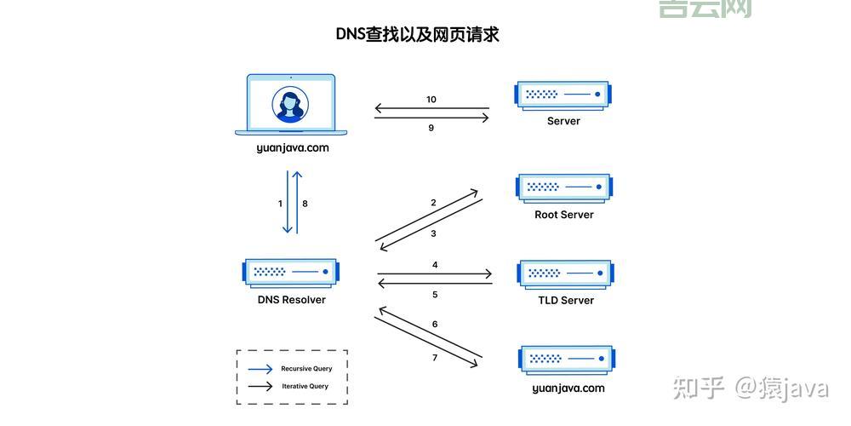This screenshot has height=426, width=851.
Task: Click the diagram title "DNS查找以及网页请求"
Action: pos(417,35)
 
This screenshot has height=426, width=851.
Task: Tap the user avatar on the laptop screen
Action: pos(290,105)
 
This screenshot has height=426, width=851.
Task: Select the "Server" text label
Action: pos(563,121)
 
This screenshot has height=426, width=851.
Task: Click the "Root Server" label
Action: pos(563,215)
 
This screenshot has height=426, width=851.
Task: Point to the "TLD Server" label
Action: pos(566,300)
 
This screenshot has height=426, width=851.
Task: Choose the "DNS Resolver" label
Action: pos(291,300)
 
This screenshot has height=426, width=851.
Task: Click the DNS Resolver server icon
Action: pos(291,272)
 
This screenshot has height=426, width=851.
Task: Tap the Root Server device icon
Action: pos(563,187)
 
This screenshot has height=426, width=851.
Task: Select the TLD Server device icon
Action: pos(565,273)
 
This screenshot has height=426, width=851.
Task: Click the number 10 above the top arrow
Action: pos(431,100)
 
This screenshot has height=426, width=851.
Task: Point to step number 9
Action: pos(431,128)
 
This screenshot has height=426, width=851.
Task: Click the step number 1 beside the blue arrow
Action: pos(280,204)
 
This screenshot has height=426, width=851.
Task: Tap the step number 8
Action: pos(305,204)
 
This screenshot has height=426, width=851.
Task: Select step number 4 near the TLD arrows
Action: pos(435,265)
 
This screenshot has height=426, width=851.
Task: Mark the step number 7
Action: pos(435,358)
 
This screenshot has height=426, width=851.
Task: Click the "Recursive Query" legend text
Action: pos(306,369)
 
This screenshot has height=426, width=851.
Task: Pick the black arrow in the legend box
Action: pos(260,386)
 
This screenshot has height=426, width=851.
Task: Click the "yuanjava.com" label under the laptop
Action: pos(292,147)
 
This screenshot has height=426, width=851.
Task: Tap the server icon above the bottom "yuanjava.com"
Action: pos(566,360)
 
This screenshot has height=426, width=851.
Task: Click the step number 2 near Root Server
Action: pos(433,203)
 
